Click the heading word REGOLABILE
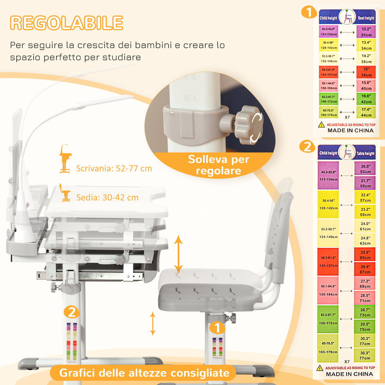pos(67,23)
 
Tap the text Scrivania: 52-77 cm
pos(114,168)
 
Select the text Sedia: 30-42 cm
pos(107,198)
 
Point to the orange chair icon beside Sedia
pos(65,193)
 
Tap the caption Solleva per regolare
pos(219,165)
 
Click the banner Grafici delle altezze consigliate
pos(144,373)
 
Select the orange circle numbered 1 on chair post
pos(217,328)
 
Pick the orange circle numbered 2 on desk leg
pos(72,312)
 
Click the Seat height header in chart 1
pos(366,18)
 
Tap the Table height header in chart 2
pos(365,153)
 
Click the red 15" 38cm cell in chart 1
pos(366,72)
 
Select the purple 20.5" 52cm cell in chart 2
pos(365,169)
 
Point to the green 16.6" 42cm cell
pos(366,99)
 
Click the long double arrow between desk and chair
pos(178,254)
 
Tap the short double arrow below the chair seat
pos(153,323)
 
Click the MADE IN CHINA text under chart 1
pos(350,130)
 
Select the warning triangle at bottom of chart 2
pos(320,368)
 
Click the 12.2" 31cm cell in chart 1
pos(366,32)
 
